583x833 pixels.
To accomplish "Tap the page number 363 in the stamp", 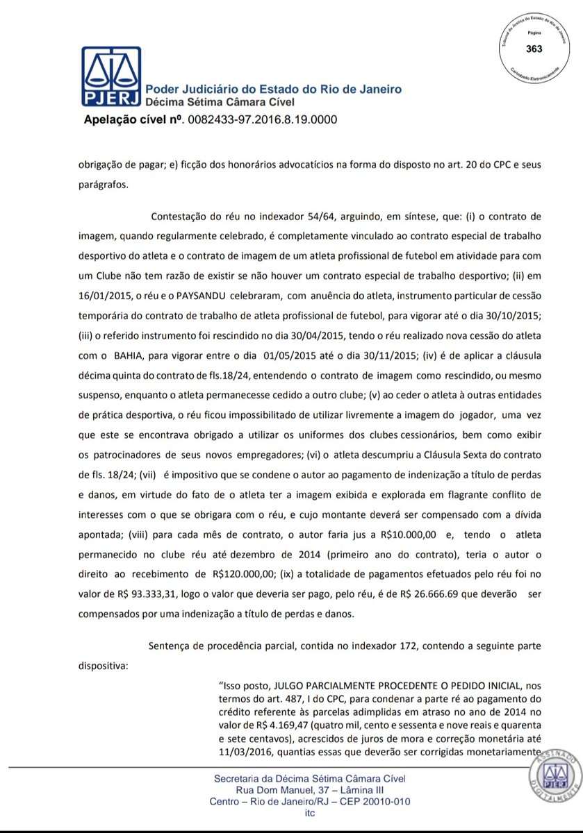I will tap(534, 49).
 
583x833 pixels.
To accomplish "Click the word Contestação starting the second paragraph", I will tap(183, 214).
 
